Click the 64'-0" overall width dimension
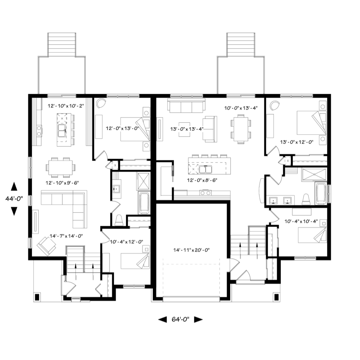[180, 319]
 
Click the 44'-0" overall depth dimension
[14, 198]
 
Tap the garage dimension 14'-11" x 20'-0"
[192, 250]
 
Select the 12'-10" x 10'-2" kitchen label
[66, 106]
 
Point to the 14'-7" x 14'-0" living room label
[66, 236]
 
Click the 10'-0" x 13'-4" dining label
[241, 108]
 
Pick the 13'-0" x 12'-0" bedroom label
[297, 142]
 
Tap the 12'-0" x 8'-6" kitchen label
[202, 180]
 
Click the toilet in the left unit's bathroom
[119, 220]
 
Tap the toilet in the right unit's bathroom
[306, 199]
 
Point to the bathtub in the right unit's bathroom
[321, 193]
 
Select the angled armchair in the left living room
[47, 246]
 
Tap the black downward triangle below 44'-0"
[14, 211]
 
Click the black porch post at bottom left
[37, 297]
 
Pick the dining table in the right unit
[241, 128]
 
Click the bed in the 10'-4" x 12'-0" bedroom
[135, 261]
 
